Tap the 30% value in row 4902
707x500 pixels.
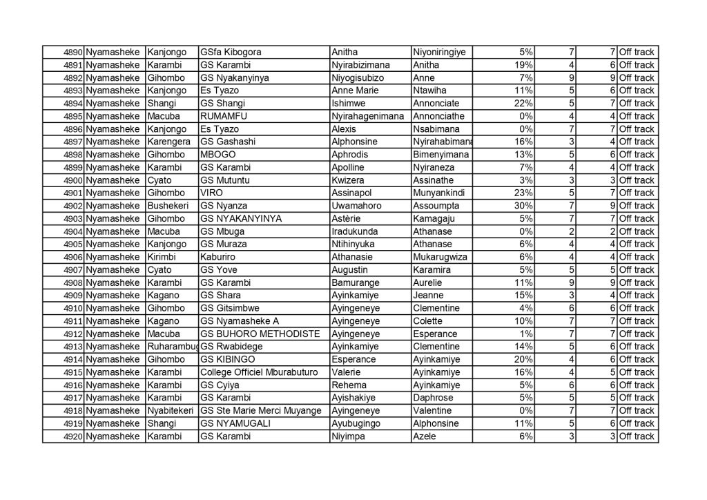[524, 206]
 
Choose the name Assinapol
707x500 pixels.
[353, 193]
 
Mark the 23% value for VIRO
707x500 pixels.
[524, 193]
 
